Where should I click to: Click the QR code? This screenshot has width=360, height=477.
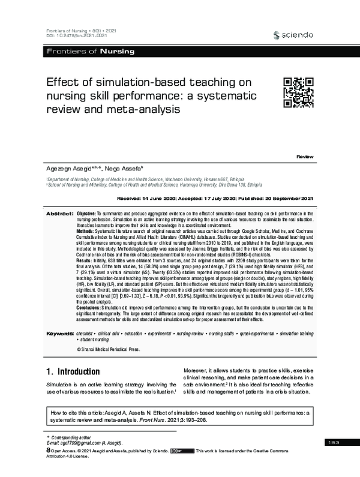tap(298, 93)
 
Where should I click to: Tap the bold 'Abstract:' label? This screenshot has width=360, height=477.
tap(60, 214)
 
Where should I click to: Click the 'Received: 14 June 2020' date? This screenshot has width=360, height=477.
tap(148, 198)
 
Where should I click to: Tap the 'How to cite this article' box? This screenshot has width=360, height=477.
tap(180, 418)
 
